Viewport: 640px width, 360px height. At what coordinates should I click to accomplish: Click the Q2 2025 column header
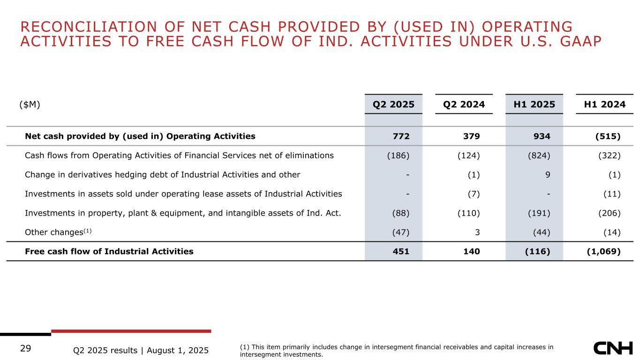click(x=393, y=105)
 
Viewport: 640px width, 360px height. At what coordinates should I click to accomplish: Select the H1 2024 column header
click(x=604, y=105)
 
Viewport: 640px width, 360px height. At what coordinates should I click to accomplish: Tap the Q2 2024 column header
click(x=464, y=105)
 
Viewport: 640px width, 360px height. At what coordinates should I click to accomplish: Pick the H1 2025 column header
click(x=534, y=105)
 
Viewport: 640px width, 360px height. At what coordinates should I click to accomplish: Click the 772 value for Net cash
click(x=401, y=136)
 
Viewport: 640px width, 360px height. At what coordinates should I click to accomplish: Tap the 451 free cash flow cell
click(x=401, y=251)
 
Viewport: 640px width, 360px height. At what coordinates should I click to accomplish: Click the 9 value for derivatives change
click(x=548, y=175)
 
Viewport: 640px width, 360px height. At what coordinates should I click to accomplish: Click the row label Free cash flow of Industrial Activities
click(x=109, y=251)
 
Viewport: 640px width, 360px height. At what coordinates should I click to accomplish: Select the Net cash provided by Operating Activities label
click(x=140, y=136)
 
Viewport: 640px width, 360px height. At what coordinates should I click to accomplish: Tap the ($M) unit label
click(x=30, y=105)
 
